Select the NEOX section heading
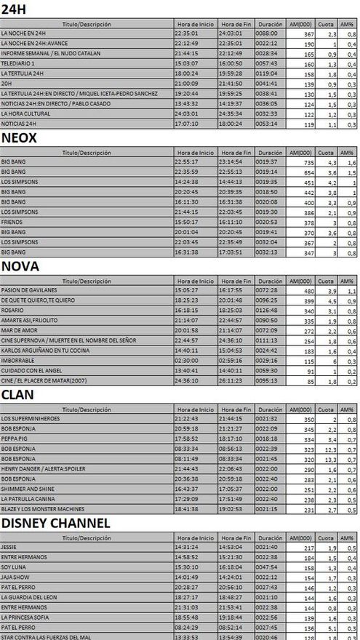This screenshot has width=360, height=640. tap(20, 137)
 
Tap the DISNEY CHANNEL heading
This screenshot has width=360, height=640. tap(55, 523)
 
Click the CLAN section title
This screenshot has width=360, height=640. tap(20, 395)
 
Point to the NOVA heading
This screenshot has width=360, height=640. tap(20, 266)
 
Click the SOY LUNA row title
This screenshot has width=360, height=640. tap(15, 567)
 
